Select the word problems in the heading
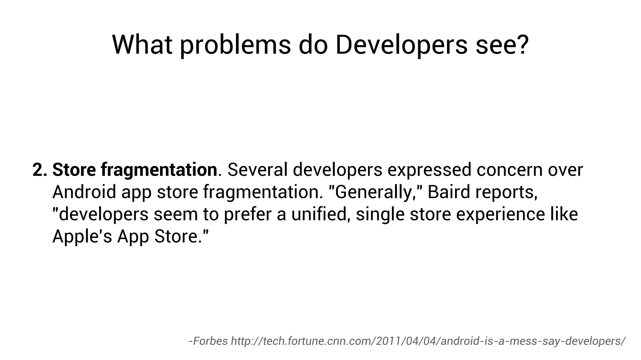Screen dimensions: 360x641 click(235, 45)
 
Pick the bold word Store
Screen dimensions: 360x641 click(74, 170)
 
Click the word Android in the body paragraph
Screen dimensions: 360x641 click(84, 192)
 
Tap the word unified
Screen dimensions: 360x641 click(320, 214)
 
